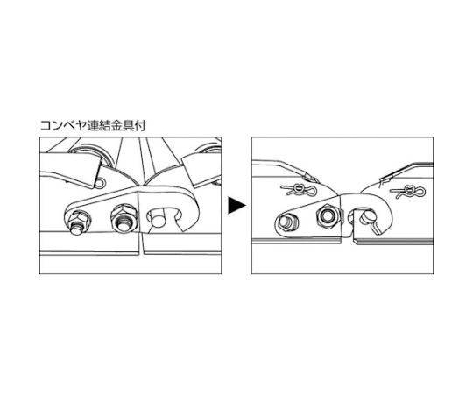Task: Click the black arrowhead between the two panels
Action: point(236,205)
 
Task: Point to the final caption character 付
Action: point(140,125)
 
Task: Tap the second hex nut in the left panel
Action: point(124,218)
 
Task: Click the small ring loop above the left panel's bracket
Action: point(102,183)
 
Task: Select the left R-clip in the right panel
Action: point(298,189)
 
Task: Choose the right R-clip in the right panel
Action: point(408,191)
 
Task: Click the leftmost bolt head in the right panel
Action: point(286,222)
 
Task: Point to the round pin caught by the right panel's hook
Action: point(367,216)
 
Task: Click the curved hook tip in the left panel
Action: point(189,226)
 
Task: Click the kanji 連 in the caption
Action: point(93,125)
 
